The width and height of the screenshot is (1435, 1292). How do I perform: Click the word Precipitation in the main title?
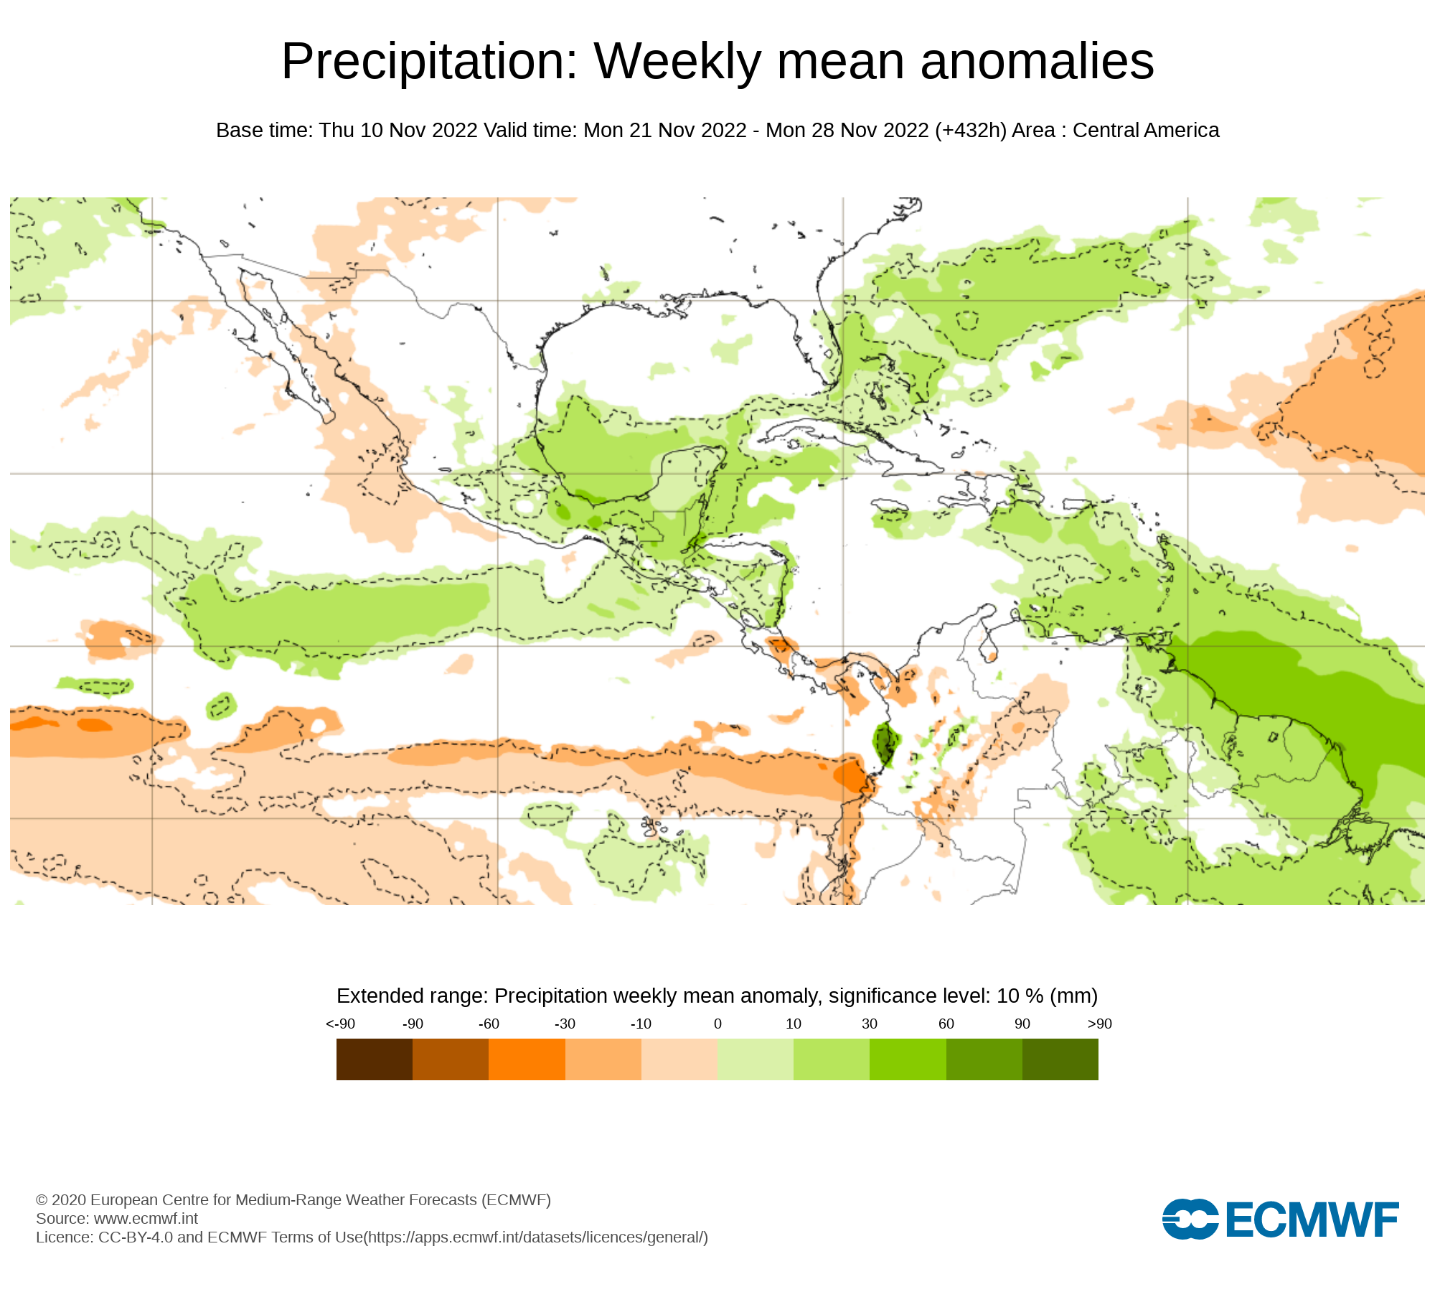tap(429, 62)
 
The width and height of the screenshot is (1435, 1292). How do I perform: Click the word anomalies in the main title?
tap(1037, 62)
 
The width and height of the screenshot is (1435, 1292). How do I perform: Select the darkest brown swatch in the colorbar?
tap(374, 1059)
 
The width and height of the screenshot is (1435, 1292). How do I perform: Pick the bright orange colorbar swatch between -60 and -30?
tap(527, 1059)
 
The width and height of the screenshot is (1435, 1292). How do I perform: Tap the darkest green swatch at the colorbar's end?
tap(1060, 1059)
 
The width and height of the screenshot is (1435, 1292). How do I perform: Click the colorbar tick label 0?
tap(717, 1024)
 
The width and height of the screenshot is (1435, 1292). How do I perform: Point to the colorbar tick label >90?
tap(1099, 1024)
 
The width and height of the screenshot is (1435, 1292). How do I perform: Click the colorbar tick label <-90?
tap(340, 1024)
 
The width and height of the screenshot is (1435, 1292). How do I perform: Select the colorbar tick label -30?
tap(565, 1024)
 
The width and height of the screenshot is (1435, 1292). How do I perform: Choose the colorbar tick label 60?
tap(946, 1024)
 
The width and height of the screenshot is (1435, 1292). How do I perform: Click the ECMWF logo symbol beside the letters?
tap(1190, 1219)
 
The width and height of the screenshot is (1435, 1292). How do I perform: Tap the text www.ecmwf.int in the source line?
tap(146, 1218)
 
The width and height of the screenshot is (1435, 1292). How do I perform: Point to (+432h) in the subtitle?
tap(971, 130)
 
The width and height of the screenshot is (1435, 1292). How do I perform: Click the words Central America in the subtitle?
tap(1146, 130)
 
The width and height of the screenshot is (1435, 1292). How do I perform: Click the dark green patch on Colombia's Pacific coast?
tap(886, 744)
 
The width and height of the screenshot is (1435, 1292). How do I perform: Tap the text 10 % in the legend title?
tap(1020, 996)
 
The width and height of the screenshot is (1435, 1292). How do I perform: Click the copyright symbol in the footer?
tap(42, 1200)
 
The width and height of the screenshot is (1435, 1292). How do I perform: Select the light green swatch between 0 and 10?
tap(755, 1059)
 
